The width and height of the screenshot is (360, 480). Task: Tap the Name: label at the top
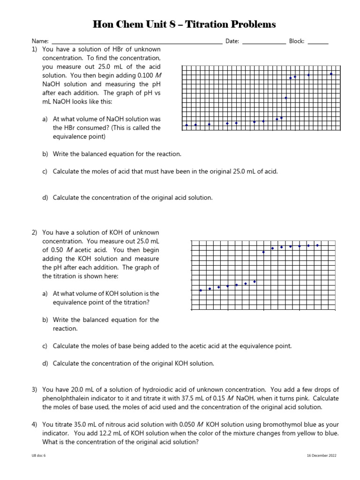(40, 41)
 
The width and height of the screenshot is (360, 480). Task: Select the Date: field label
(232, 41)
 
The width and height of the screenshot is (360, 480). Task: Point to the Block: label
(297, 41)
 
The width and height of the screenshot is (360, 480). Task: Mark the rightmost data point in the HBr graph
(331, 74)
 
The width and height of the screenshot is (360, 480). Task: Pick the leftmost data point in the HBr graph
(187, 125)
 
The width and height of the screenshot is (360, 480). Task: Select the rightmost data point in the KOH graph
(318, 245)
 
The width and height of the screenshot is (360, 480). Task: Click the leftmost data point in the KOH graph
(201, 290)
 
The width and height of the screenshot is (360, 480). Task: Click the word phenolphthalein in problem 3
(66, 398)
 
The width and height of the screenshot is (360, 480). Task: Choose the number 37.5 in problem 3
(183, 398)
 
